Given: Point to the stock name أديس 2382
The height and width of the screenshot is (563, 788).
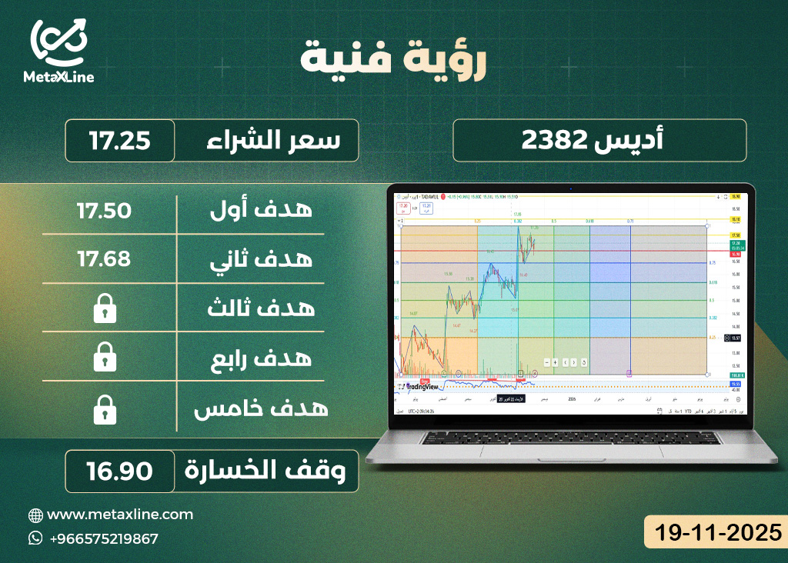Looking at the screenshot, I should [599, 140].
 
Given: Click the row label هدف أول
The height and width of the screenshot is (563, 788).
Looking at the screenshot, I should [262, 210].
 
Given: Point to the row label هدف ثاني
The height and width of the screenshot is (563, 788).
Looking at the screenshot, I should [262, 259].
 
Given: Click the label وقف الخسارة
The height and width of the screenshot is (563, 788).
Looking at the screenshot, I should [269, 471].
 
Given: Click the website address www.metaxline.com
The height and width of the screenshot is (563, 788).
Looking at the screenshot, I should [120, 514].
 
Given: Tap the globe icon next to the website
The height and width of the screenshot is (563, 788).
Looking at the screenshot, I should [35, 515].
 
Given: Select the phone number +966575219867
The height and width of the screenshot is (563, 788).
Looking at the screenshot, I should [103, 538].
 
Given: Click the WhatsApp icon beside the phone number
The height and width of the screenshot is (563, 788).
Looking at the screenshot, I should [35, 538].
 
